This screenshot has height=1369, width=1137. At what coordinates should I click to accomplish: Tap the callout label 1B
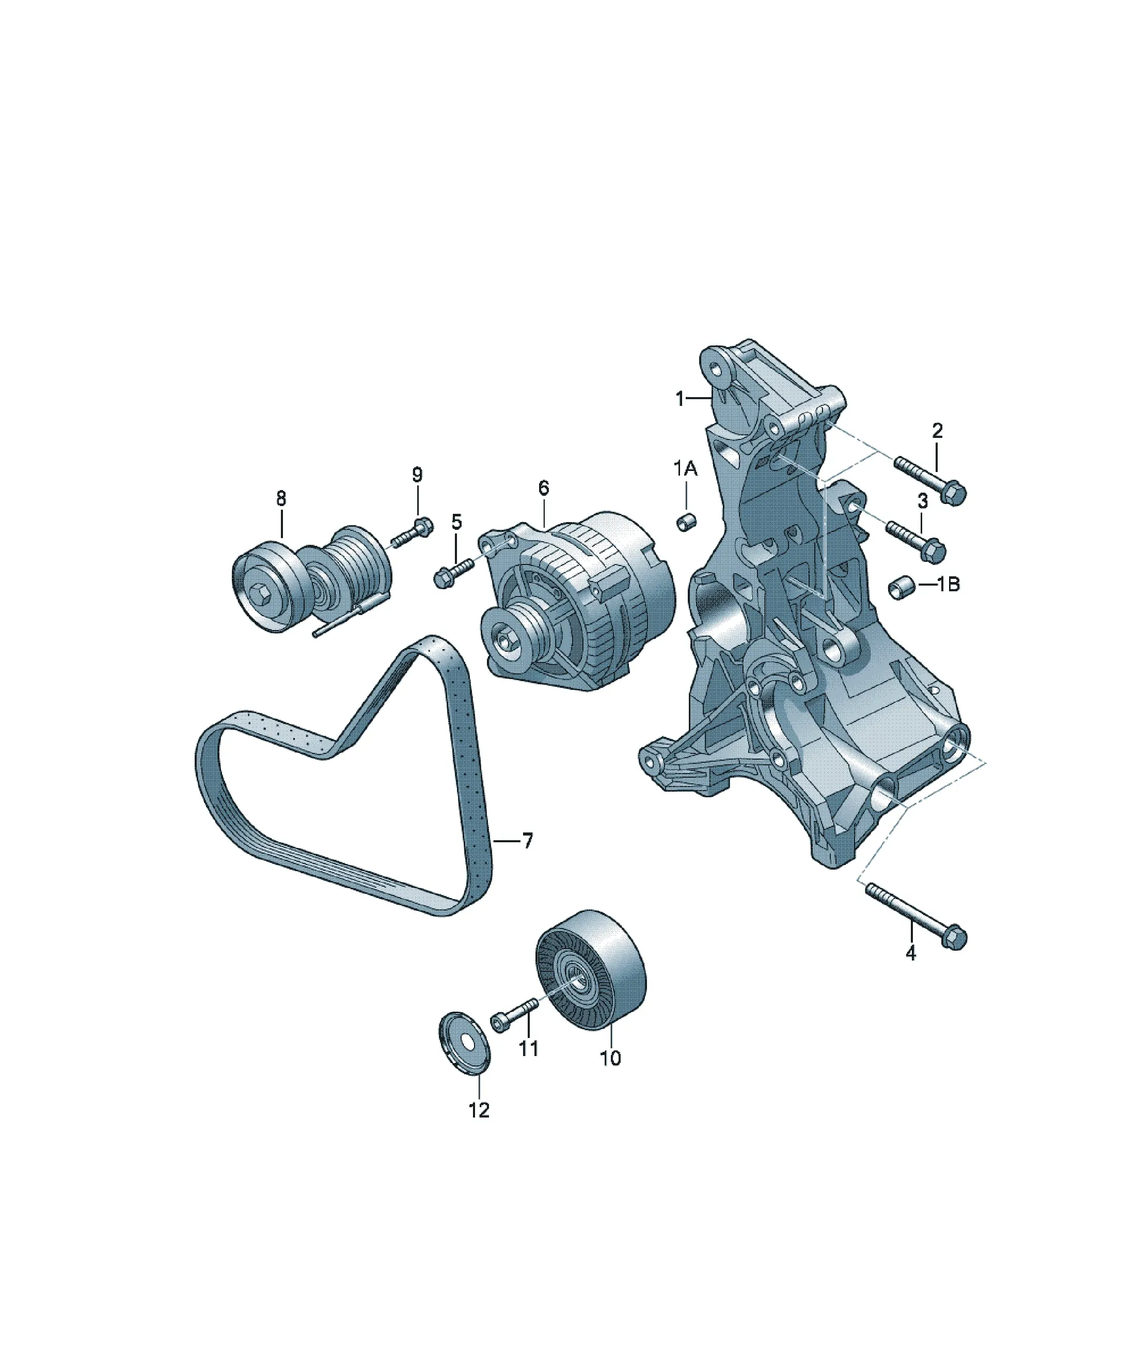tap(949, 584)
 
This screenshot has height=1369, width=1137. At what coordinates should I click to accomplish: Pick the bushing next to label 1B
tap(899, 588)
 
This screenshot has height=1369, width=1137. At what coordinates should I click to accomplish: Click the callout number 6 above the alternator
tap(544, 487)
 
